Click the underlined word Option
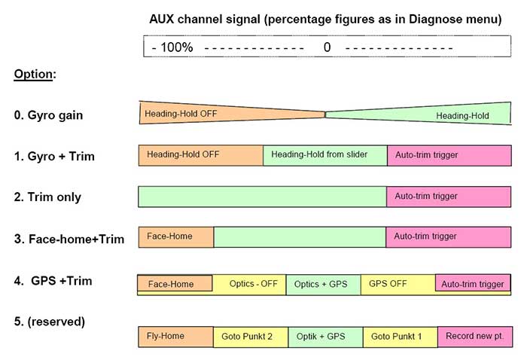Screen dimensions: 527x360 pyautogui.click(x=33, y=75)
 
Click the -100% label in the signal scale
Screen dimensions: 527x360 pyautogui.click(x=172, y=47)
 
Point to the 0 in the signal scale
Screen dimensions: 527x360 pyautogui.click(x=327, y=47)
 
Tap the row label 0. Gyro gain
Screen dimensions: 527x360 pyautogui.click(x=48, y=115)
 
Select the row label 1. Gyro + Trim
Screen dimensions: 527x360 pyautogui.click(x=54, y=157)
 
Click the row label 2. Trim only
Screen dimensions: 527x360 pyautogui.click(x=47, y=197)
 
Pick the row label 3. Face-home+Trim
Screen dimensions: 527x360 pyautogui.click(x=69, y=239)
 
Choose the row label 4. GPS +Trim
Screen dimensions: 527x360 pyautogui.click(x=53, y=281)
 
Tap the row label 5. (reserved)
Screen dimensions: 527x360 pyautogui.click(x=50, y=322)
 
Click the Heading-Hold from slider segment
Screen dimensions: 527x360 pyautogui.click(x=325, y=155)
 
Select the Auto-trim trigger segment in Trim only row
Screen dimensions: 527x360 pyautogui.click(x=449, y=197)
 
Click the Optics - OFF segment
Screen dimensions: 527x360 pyautogui.click(x=249, y=285)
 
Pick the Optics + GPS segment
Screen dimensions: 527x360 pyautogui.click(x=323, y=285)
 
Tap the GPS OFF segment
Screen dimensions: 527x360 pyautogui.click(x=398, y=285)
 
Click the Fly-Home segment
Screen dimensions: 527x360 pyautogui.click(x=175, y=337)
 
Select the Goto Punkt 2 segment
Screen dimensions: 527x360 pyautogui.click(x=251, y=337)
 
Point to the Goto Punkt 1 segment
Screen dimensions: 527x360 pyautogui.click(x=401, y=337)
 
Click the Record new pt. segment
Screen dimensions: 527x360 pyautogui.click(x=475, y=337)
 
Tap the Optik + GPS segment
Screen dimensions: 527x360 pyautogui.click(x=326, y=337)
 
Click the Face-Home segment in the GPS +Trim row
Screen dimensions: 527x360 pyautogui.click(x=175, y=283)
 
